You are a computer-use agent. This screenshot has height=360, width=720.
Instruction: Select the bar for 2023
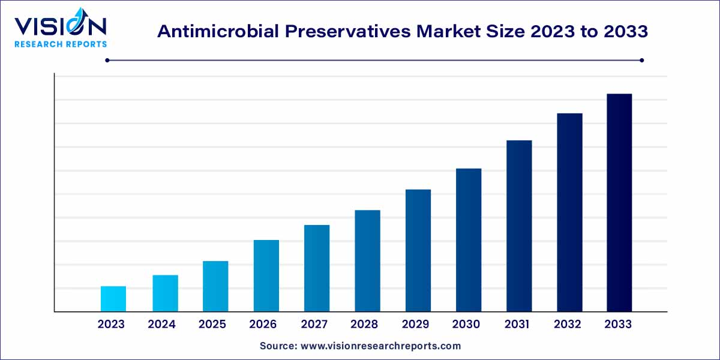[113, 299]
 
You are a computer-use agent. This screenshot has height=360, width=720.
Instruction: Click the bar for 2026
[266, 275]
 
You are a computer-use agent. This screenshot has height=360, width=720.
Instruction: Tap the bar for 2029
[418, 250]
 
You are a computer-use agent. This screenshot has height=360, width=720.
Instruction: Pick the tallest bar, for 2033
[619, 202]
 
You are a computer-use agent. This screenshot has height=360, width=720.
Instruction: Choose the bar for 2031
[519, 226]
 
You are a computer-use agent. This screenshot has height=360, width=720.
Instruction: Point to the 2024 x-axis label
[162, 325]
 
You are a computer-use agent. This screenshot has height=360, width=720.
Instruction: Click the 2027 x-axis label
[314, 325]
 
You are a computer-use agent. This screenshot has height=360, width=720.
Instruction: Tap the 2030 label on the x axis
[466, 325]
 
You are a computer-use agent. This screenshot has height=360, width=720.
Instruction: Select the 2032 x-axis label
[568, 325]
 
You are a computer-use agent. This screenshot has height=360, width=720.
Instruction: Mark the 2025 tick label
[212, 325]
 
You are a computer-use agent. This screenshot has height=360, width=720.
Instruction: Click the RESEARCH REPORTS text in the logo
[60, 44]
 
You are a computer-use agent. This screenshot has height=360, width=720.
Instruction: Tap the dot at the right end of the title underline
[641, 60]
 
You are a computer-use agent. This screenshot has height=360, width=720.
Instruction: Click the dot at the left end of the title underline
[107, 60]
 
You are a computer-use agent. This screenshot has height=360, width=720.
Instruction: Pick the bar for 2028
[367, 260]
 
